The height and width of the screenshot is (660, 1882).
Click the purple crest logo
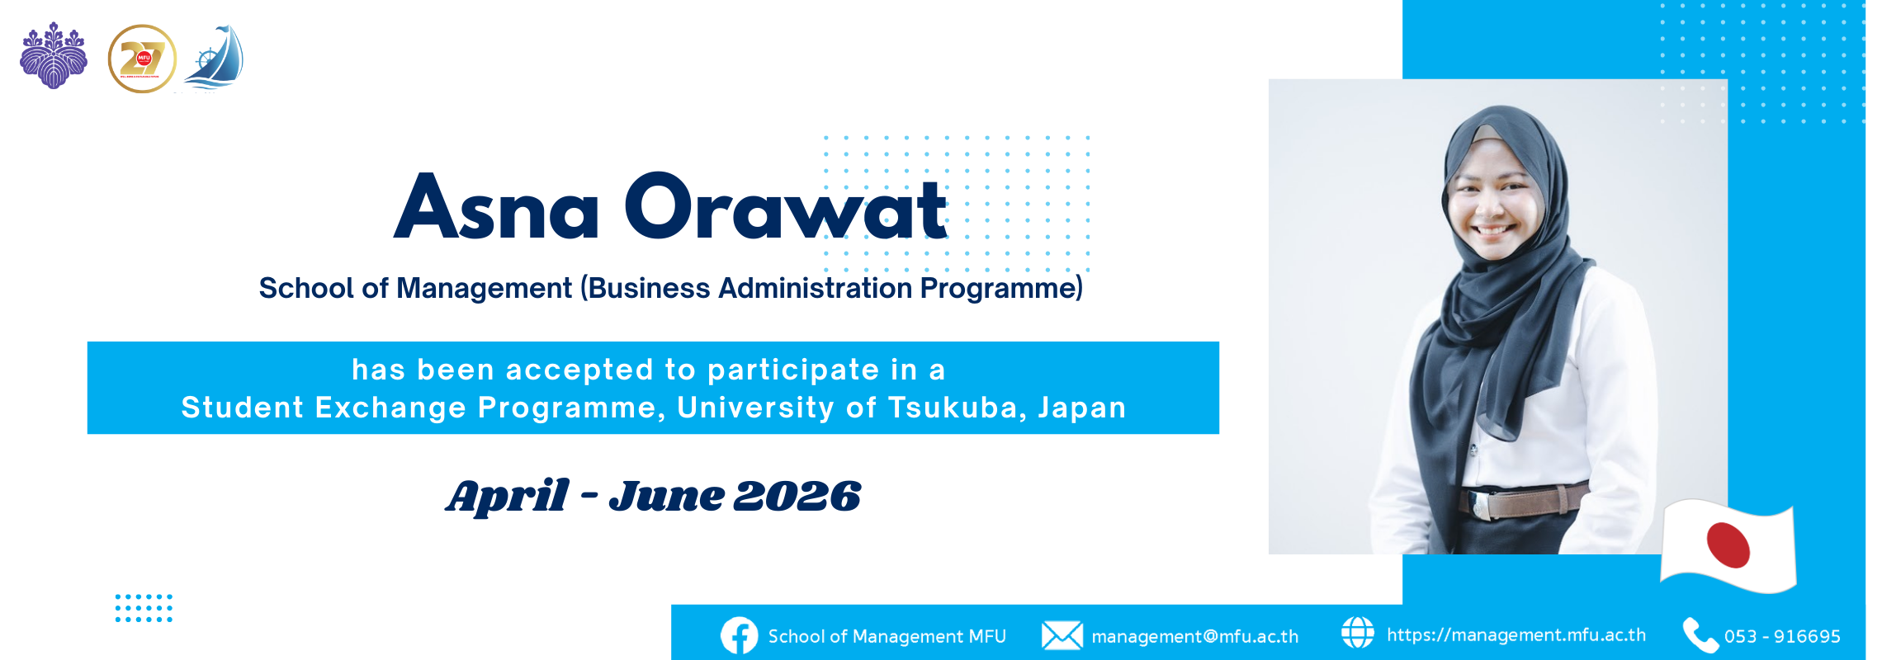pos(54,55)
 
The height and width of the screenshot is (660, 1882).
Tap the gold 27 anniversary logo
pos(142,59)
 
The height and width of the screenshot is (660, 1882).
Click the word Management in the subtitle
pos(484,289)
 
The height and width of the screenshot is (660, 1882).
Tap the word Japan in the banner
pos(1082,408)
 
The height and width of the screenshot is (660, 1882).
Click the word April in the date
pos(507,497)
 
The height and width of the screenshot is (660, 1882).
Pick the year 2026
pos(797,497)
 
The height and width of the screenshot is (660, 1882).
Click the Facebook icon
pos(739,636)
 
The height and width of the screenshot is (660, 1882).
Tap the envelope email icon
pos(1062,635)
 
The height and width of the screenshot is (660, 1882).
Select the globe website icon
pos(1357,633)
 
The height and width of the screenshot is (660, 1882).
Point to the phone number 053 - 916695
pos(1782,637)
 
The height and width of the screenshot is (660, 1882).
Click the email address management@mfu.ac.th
pos(1194,637)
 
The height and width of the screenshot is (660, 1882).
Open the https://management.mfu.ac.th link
pos(1516,635)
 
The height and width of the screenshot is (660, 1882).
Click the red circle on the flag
pos(1728,545)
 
